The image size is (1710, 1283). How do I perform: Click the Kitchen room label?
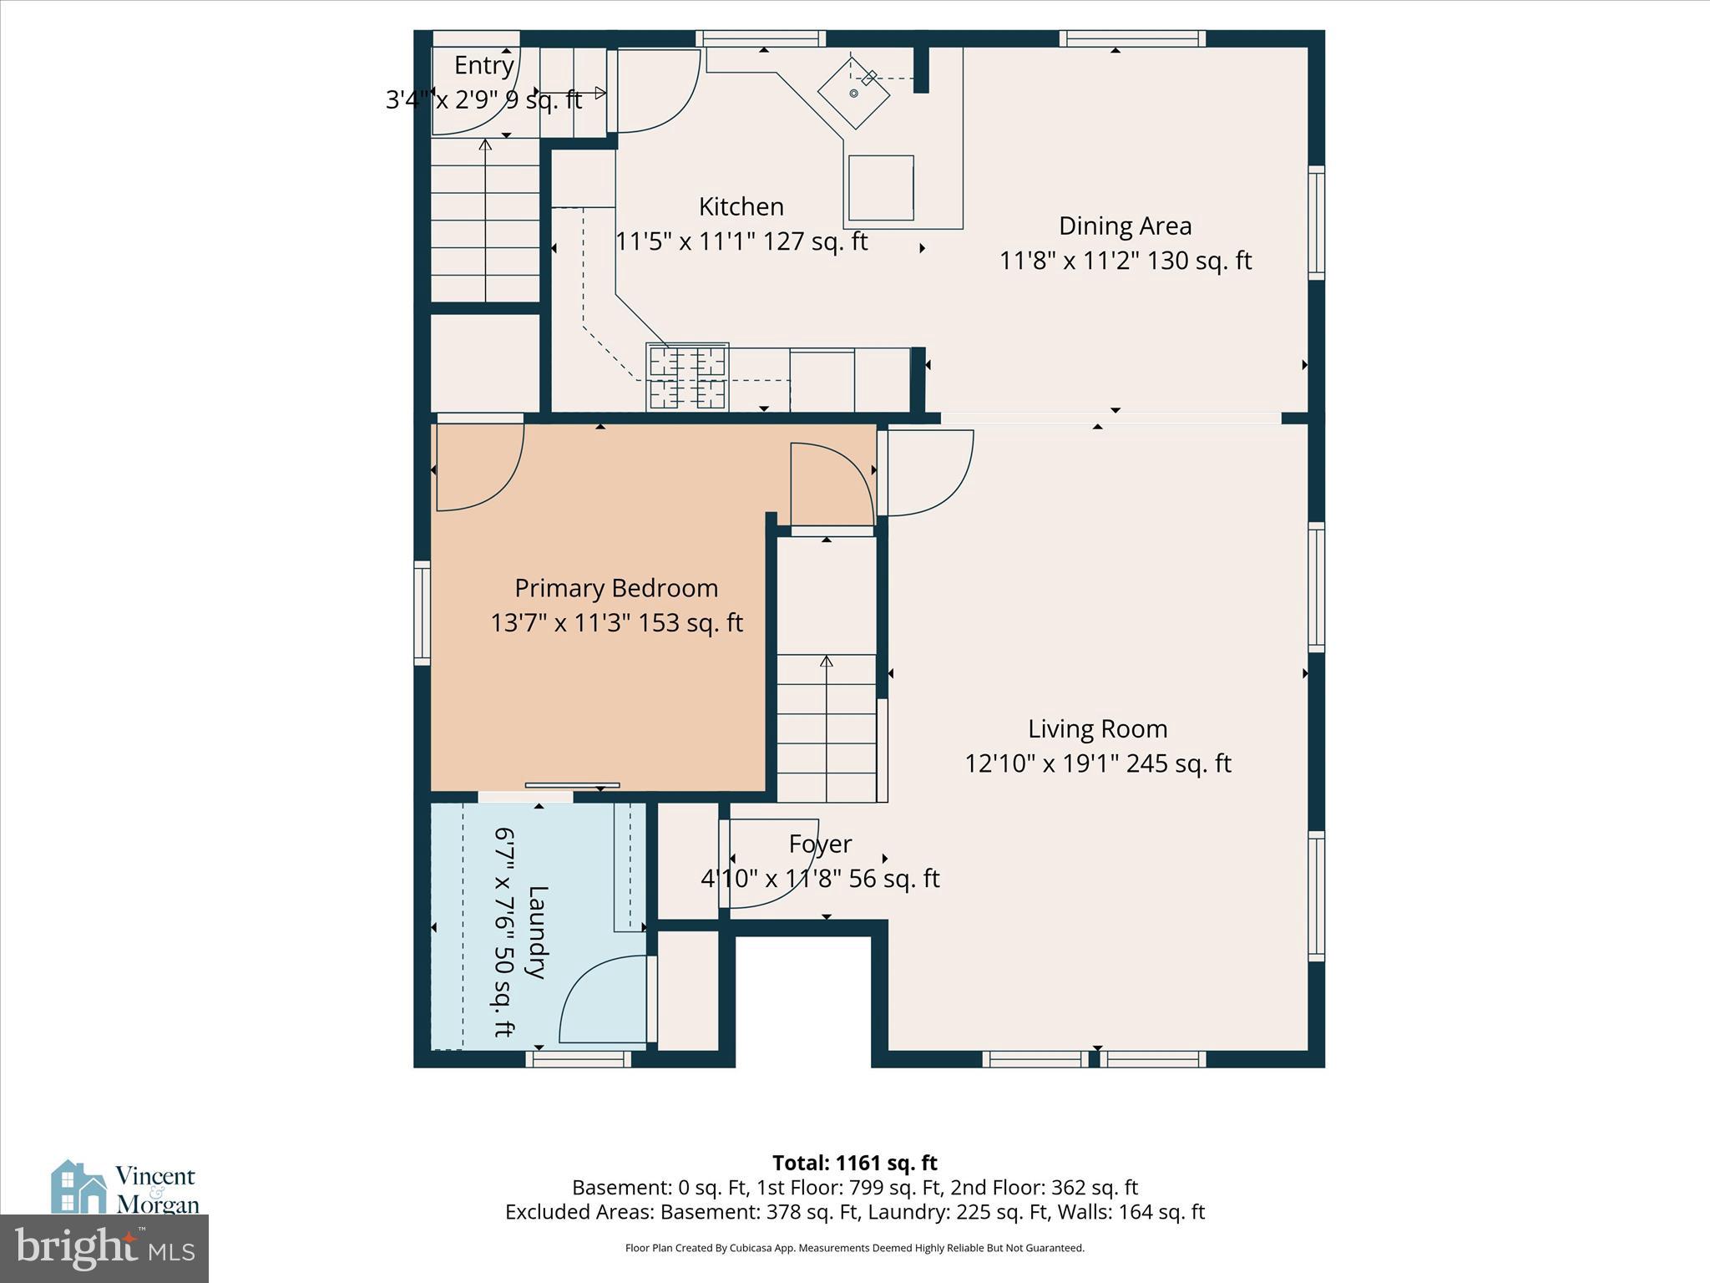pos(741,206)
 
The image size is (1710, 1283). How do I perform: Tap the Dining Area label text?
pos(1125,226)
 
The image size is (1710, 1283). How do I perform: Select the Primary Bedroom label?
pos(616,588)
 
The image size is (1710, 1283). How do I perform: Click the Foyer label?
pos(820,844)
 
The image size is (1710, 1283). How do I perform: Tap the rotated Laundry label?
pos(537,931)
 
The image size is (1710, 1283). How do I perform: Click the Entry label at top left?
pos(483,65)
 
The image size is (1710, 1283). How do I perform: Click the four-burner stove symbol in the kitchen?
pos(687,377)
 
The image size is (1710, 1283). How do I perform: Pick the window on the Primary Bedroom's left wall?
pos(422,613)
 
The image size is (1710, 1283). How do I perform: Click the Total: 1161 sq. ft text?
pos(854,1163)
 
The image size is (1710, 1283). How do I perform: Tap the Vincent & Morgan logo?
pos(125,1188)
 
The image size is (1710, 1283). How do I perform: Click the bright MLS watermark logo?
pos(104,1248)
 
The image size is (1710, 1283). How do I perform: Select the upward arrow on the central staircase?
pos(826,662)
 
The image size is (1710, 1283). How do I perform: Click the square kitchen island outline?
pos(881,188)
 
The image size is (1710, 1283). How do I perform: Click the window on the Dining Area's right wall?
pos(1316,222)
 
